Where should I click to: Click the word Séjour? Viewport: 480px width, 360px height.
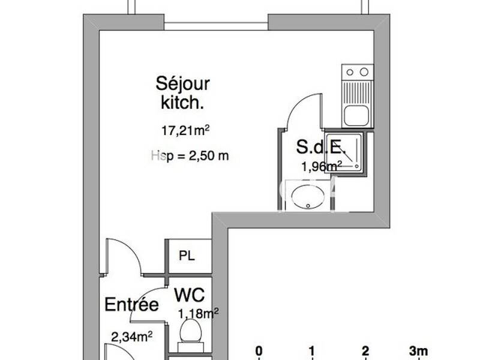(183, 83)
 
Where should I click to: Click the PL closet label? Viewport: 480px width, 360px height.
(187, 254)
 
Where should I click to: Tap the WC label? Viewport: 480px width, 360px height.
(190, 295)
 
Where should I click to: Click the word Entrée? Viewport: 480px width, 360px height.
(132, 305)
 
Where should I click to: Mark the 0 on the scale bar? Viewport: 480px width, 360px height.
(259, 350)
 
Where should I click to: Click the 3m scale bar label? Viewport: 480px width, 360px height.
(418, 350)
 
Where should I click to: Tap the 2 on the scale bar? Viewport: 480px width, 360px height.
(365, 350)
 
